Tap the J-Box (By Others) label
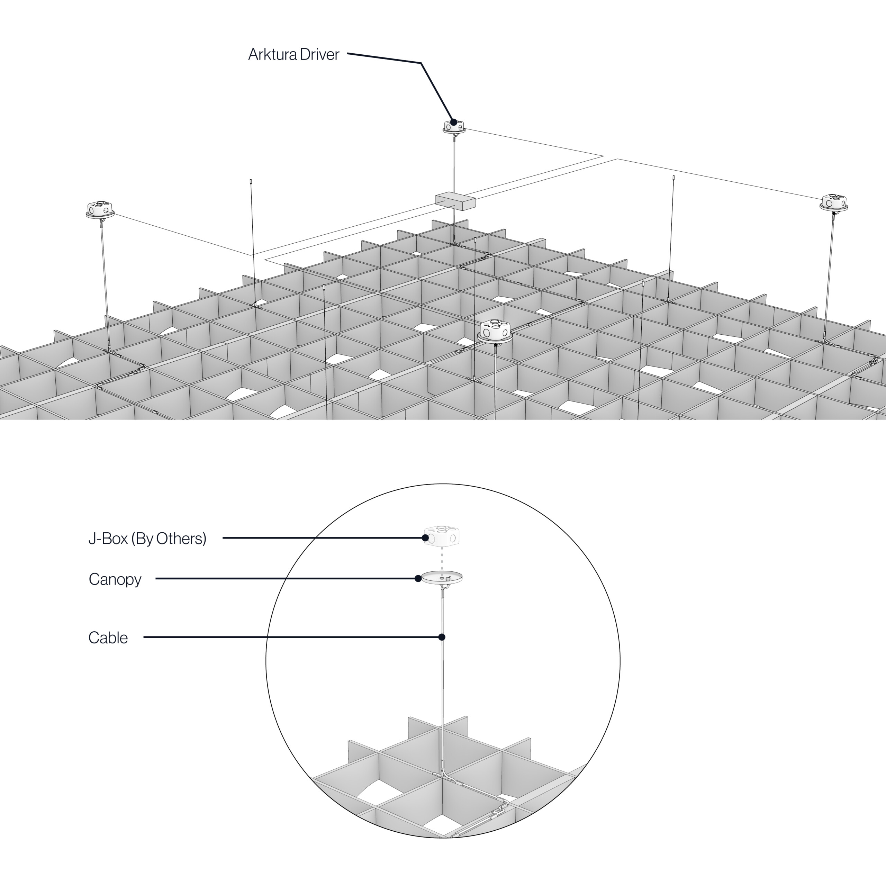[147, 539]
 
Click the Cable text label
[108, 638]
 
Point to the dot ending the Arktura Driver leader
[453, 122]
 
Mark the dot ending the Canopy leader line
[418, 579]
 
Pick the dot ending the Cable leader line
[442, 637]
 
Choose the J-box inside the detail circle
[442, 535]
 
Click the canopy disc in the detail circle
[442, 577]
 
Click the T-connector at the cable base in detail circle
[443, 775]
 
